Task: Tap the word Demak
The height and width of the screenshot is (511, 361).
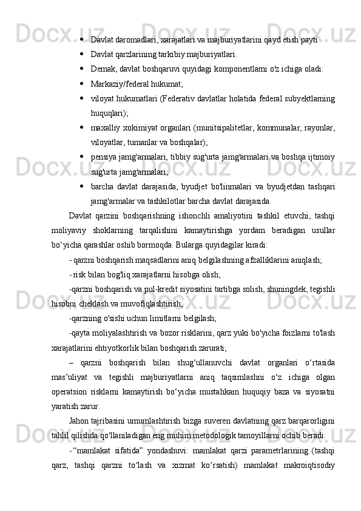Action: point(103,69)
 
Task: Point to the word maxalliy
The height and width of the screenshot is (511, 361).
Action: point(106,128)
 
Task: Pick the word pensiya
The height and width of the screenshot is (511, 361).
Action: point(104,158)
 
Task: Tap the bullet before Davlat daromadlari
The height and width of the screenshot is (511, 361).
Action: point(81,39)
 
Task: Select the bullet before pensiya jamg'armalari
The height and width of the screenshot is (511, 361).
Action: point(81,158)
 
